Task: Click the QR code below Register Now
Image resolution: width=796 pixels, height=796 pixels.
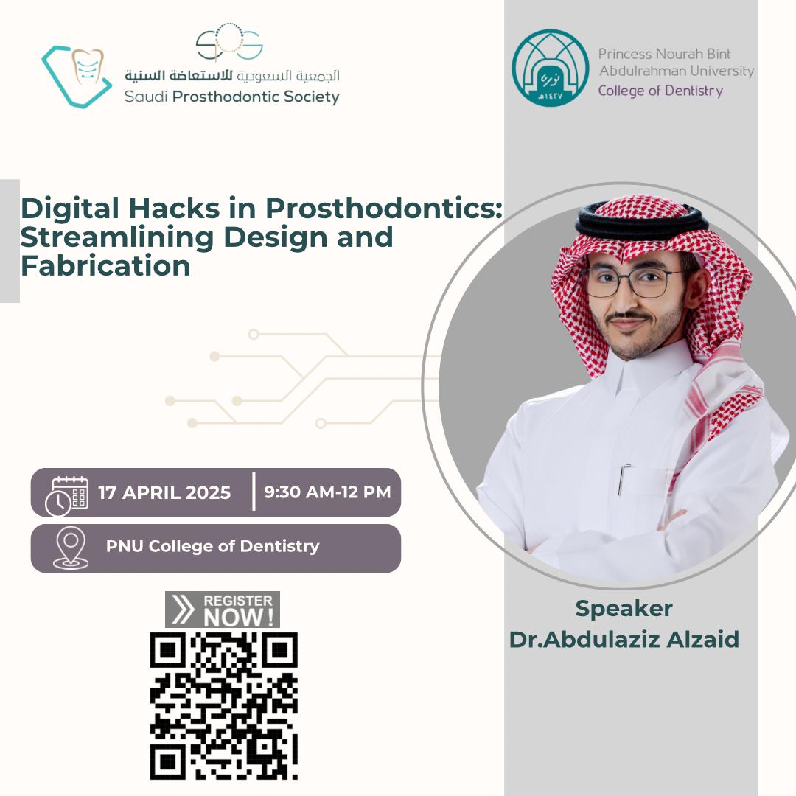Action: tap(223, 705)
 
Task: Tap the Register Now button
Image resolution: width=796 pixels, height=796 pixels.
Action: tap(223, 610)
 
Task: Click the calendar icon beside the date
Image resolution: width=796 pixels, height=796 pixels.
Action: tap(66, 496)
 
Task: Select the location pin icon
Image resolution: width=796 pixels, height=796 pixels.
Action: tap(71, 548)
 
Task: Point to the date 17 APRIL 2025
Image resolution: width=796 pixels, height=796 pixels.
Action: tap(164, 492)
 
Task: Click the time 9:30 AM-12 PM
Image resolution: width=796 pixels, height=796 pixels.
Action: tap(327, 492)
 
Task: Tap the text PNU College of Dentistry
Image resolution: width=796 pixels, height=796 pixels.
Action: tap(213, 546)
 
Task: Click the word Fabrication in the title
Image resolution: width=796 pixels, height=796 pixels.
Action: tap(105, 266)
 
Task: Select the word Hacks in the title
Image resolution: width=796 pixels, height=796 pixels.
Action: tap(174, 208)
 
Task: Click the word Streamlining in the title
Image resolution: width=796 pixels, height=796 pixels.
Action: tap(117, 237)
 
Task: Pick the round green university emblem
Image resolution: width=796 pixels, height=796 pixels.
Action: tap(551, 68)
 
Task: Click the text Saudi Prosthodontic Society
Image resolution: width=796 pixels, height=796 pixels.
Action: tap(232, 97)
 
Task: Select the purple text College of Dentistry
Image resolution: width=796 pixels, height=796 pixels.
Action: tap(660, 91)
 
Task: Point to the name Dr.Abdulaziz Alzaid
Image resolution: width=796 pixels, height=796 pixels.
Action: tap(624, 639)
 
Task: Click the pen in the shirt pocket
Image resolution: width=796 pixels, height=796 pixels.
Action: tap(623, 479)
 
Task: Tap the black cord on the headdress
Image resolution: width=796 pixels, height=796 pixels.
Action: tap(642, 224)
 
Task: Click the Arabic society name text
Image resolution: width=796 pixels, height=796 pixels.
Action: tap(232, 76)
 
